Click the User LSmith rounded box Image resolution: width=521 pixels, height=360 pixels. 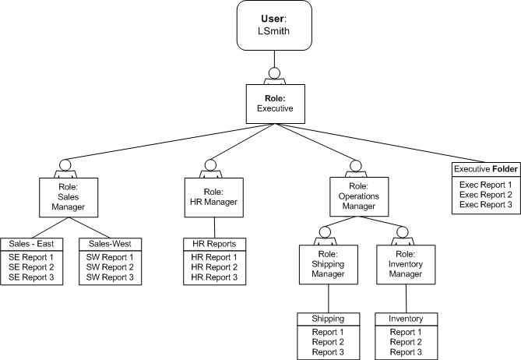coord(273,28)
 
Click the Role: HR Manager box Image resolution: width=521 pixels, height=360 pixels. coord(209,197)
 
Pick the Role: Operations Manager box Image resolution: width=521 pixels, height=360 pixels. coord(357,197)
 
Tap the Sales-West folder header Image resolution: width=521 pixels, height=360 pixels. coord(110,244)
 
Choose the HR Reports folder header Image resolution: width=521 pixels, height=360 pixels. coord(213,244)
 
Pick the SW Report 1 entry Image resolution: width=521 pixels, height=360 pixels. coord(110,256)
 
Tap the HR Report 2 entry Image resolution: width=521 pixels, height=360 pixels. coord(213,267)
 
